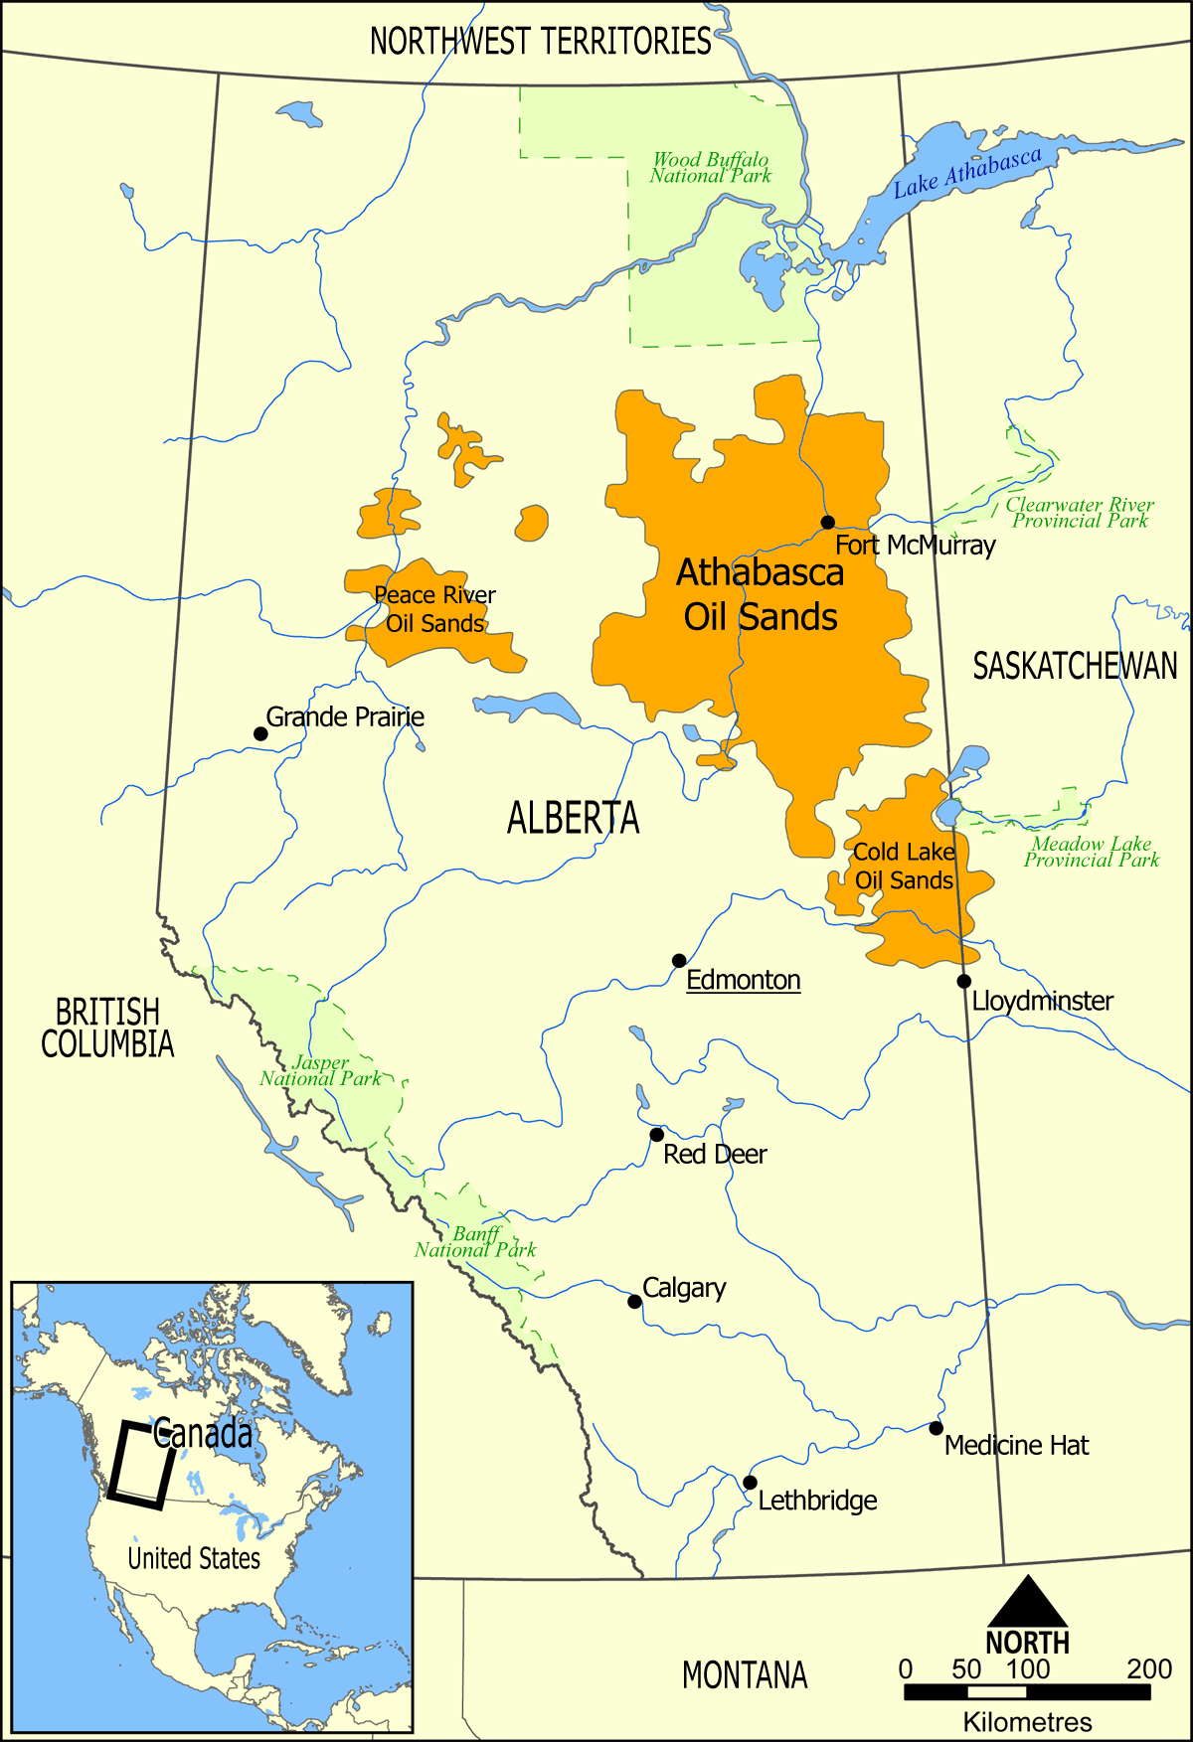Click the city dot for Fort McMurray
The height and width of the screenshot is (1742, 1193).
[x=827, y=522]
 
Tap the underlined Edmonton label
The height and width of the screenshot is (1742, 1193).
[x=743, y=980]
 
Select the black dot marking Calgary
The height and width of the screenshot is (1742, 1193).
[x=634, y=1302]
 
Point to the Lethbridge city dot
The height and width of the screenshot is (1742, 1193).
[x=750, y=1483]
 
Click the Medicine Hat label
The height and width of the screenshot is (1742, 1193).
[x=1016, y=1445]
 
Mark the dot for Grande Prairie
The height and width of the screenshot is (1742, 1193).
[x=260, y=734]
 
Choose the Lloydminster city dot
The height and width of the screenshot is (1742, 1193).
[x=963, y=982]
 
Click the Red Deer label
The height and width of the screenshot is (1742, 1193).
[x=715, y=1155]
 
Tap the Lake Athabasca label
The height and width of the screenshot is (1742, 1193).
[x=966, y=172]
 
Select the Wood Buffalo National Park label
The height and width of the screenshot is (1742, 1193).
[x=710, y=168]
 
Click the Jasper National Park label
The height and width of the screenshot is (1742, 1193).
[x=320, y=1071]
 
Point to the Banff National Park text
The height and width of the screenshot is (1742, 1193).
[x=475, y=1242]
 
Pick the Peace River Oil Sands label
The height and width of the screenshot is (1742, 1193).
[x=434, y=609]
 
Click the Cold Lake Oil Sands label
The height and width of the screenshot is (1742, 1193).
[x=904, y=867]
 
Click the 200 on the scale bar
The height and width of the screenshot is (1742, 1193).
[x=1148, y=1668]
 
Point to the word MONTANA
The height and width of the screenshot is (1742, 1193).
[x=744, y=1675]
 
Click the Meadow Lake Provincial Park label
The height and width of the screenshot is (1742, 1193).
[x=1091, y=852]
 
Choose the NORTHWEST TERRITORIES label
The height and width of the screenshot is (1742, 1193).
[x=540, y=42]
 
